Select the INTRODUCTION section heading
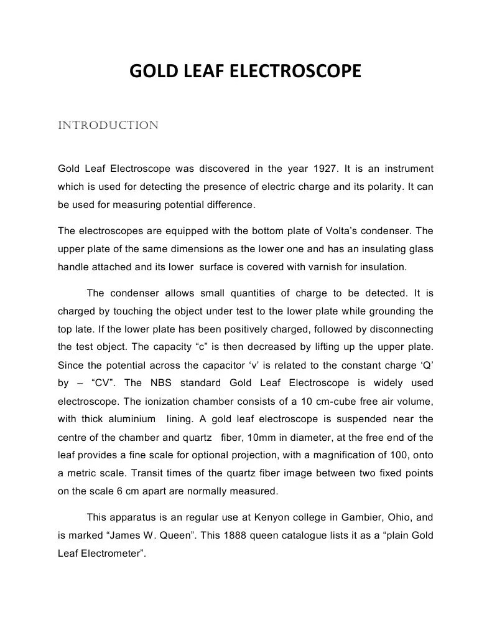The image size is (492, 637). pos(108,126)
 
